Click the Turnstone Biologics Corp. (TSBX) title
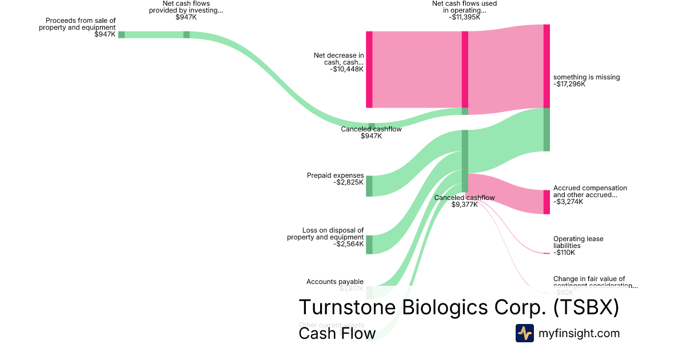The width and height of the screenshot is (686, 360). pyautogui.click(x=458, y=307)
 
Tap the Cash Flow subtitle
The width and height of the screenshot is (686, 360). pyautogui.click(x=337, y=333)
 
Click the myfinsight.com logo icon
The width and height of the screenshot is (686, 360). pyautogui.click(x=524, y=333)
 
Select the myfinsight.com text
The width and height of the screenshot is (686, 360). pyautogui.click(x=579, y=333)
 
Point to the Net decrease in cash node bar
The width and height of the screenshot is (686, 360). pyautogui.click(x=369, y=69)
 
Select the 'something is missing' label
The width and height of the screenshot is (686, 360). pyautogui.click(x=586, y=77)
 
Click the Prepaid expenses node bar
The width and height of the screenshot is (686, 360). pyautogui.click(x=369, y=186)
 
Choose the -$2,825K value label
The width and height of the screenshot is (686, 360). pyautogui.click(x=348, y=182)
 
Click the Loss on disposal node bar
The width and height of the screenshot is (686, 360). pyautogui.click(x=369, y=244)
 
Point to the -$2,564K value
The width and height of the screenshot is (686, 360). pyautogui.click(x=348, y=244)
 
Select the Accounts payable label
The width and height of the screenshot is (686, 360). pyautogui.click(x=335, y=282)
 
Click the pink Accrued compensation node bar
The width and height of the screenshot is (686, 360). pyautogui.click(x=547, y=202)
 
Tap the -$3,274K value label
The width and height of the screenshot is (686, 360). pyautogui.click(x=568, y=202)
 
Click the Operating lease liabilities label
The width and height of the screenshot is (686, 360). pyautogui.click(x=578, y=242)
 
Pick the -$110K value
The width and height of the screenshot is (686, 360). pyautogui.click(x=564, y=253)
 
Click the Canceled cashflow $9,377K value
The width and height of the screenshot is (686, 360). pyautogui.click(x=464, y=205)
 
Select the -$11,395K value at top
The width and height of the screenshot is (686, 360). pyautogui.click(x=464, y=17)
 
